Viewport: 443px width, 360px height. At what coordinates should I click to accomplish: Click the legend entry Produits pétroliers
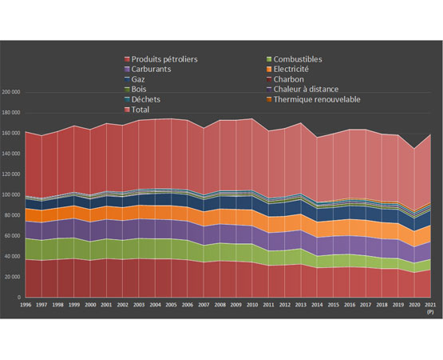point(164,59)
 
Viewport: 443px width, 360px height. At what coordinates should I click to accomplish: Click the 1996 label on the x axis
point(26,306)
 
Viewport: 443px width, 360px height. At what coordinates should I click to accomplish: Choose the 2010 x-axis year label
point(252,306)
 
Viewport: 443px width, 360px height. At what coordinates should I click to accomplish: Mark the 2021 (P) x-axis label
point(430,309)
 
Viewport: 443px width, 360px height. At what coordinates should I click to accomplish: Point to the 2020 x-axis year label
point(414,306)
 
